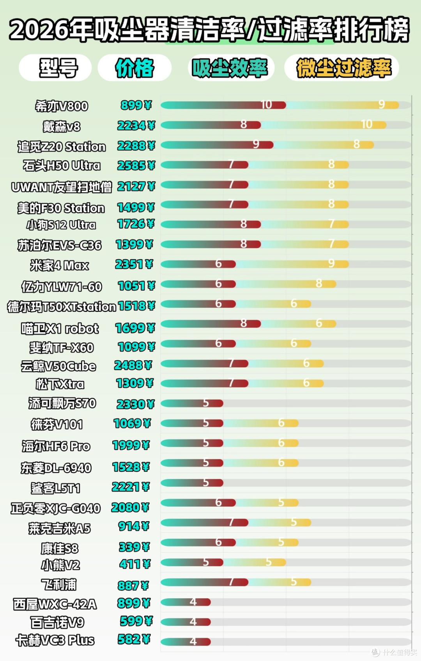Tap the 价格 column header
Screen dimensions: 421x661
point(134,67)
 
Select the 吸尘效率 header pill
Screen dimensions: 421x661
point(231,67)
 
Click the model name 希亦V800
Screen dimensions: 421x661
point(62,106)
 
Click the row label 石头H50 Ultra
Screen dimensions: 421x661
point(62,166)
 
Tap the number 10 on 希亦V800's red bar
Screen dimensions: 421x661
point(266,105)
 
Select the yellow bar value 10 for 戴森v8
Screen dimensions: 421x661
point(367,124)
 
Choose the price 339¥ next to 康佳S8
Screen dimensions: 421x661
point(134,547)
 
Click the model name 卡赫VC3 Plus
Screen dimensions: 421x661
point(55,640)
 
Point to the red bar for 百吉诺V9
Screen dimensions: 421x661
point(186,622)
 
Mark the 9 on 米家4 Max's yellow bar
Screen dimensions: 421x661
point(331,263)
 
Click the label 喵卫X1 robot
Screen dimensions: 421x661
point(60,328)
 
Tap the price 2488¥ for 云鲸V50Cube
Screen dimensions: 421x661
point(133,365)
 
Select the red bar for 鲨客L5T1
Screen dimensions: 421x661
point(192,483)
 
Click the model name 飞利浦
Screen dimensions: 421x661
point(59,585)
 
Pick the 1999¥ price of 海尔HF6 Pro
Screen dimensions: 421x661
point(131,445)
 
